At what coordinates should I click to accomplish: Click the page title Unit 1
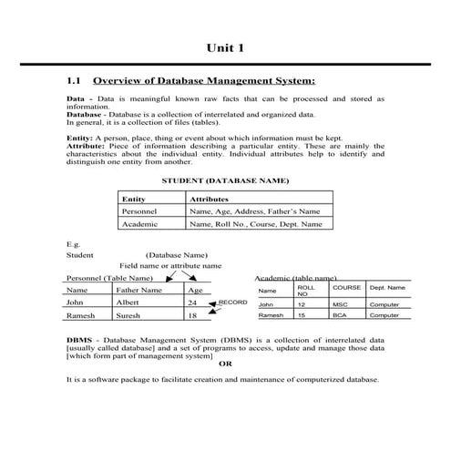(x=225, y=46)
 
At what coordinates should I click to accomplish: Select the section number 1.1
(x=75, y=80)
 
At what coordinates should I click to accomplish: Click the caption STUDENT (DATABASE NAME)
(x=224, y=180)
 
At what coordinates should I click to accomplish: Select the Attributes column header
(x=209, y=198)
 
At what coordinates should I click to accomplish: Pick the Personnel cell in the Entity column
(x=139, y=210)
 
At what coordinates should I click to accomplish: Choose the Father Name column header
(x=139, y=290)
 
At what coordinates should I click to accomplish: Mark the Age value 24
(x=192, y=302)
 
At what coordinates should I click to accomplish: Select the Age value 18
(x=192, y=315)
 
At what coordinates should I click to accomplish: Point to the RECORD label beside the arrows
(x=232, y=302)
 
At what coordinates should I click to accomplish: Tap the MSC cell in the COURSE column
(x=340, y=304)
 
